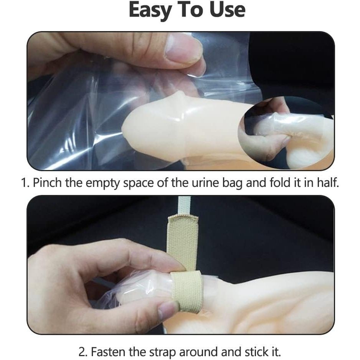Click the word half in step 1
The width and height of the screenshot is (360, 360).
[x=328, y=183]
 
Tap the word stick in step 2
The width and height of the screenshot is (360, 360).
[x=256, y=351]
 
